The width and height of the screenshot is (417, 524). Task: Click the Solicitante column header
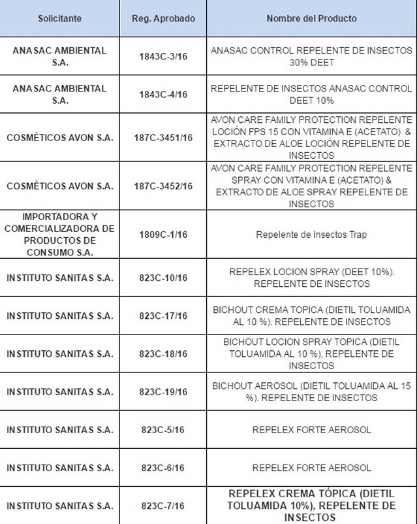pos(59,18)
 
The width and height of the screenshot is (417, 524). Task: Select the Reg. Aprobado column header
pos(162,18)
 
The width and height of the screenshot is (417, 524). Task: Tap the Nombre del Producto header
pos(311,18)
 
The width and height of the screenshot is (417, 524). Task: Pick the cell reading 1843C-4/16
pos(162,95)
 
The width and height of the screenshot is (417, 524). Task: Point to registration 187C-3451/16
pos(162,138)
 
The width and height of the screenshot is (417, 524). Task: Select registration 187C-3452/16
pos(162,186)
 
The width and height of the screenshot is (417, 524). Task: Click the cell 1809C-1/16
pos(162,234)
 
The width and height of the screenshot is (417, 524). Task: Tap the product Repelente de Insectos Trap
pos(311,234)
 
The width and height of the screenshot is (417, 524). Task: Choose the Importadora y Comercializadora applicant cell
pos(59,234)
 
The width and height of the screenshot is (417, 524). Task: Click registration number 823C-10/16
pos(162,278)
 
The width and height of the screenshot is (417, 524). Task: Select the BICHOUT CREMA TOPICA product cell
pos(311,316)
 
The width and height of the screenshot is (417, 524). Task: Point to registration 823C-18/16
pos(162,353)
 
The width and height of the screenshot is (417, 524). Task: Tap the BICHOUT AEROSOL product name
pos(311,391)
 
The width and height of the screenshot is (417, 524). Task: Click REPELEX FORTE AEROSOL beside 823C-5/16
pos(311,430)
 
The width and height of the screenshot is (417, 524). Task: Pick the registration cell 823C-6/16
pos(162,468)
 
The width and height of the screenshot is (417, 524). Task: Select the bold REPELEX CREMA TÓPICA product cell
pos(311,506)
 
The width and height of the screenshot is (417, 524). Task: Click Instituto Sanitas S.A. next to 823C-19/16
pos(59,391)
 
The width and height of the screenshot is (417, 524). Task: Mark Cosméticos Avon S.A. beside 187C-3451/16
pos(59,138)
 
